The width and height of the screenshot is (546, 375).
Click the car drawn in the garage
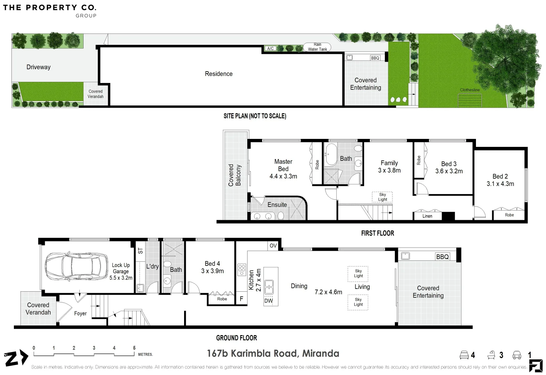(x=76, y=266)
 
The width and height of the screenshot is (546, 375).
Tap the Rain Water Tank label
(x=317, y=47)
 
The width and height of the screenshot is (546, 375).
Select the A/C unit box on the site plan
(x=270, y=48)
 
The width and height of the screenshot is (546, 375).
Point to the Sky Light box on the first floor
(x=382, y=197)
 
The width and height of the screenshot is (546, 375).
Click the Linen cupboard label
(x=427, y=216)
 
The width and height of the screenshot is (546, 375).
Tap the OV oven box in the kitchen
(x=273, y=245)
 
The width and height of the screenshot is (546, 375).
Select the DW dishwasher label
(x=268, y=301)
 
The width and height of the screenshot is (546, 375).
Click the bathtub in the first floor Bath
(x=331, y=155)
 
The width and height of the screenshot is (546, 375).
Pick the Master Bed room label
(x=283, y=165)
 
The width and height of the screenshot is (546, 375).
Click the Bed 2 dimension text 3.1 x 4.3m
(x=500, y=184)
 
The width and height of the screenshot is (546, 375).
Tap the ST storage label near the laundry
(x=140, y=251)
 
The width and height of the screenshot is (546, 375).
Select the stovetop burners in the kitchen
(x=242, y=270)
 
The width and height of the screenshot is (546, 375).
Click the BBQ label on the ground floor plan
(x=442, y=257)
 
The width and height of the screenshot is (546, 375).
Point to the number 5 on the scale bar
(x=134, y=348)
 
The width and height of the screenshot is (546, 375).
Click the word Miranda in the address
(x=321, y=353)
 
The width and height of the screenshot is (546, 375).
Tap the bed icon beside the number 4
(x=464, y=355)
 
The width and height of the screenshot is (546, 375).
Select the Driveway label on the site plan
(x=38, y=67)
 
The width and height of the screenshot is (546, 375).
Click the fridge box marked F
(x=241, y=299)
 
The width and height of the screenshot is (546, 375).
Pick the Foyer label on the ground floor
(x=80, y=313)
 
